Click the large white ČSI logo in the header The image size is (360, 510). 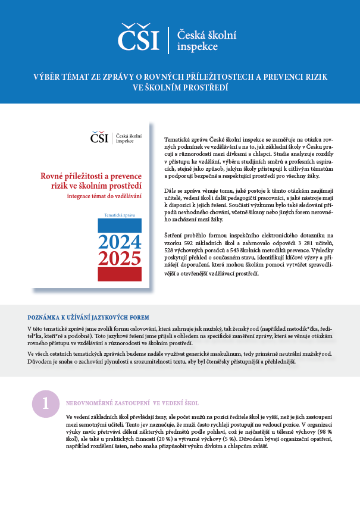(x=139, y=37)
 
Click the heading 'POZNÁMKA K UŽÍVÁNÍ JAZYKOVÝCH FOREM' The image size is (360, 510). (x=89, y=317)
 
